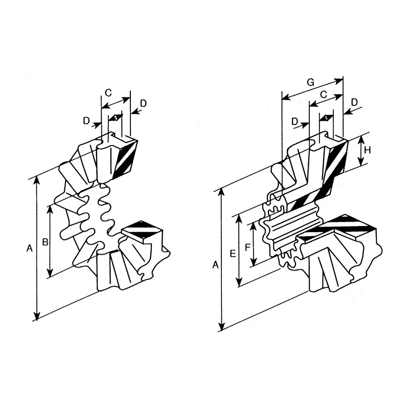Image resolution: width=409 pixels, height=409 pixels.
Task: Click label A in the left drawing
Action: [30, 248]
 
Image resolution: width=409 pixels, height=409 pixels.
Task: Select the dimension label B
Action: [46, 242]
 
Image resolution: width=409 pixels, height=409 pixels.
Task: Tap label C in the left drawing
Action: [108, 93]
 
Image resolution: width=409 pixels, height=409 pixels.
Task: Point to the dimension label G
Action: [310, 82]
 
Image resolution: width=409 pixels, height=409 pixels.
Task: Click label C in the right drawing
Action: [324, 95]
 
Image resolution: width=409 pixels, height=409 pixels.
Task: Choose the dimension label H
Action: [368, 150]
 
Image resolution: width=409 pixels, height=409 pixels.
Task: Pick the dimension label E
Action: [233, 253]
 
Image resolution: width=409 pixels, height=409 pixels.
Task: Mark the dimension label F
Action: [247, 247]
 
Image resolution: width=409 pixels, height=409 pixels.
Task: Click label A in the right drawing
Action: [215, 265]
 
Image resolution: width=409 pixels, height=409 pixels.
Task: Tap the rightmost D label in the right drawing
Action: [354, 103]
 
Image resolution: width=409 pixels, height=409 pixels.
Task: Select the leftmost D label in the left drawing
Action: [86, 121]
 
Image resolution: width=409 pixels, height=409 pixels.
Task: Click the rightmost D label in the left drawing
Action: [144, 104]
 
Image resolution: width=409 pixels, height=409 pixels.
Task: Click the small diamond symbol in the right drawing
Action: [327, 118]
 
